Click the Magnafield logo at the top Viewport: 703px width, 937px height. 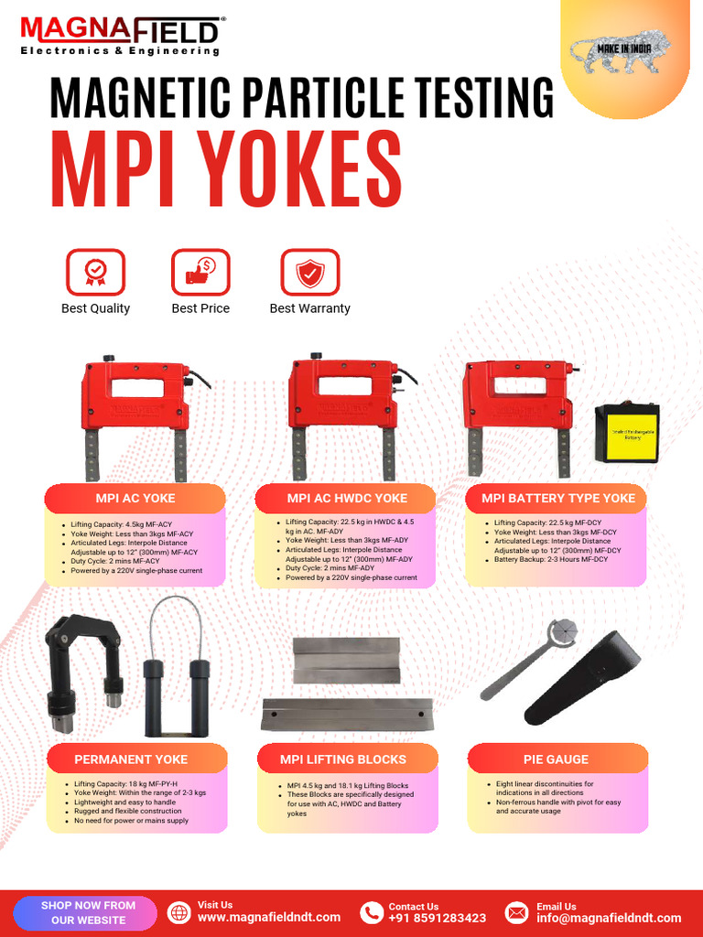pyautogui.click(x=120, y=35)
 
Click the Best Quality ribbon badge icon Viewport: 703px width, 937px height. pyautogui.click(x=95, y=272)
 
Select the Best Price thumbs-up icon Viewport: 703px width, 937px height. pyautogui.click(x=200, y=272)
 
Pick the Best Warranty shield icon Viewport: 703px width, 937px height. pyautogui.click(x=309, y=272)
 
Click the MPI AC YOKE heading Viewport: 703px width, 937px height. pyautogui.click(x=135, y=499)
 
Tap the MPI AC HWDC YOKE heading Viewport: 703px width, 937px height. pyautogui.click(x=347, y=499)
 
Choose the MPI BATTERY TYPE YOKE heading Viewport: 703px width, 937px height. pyautogui.click(x=557, y=499)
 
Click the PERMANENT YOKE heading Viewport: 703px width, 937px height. pyautogui.click(x=131, y=759)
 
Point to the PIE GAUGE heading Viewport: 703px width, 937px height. pyautogui.click(x=556, y=759)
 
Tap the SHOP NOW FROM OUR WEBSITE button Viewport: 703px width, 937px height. pyautogui.click(x=88, y=912)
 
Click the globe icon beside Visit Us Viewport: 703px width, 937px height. pyautogui.click(x=179, y=912)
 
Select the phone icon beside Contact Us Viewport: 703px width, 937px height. pyautogui.click(x=371, y=912)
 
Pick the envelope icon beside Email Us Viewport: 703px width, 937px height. pyautogui.click(x=517, y=912)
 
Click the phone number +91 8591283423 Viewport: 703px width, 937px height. pyautogui.click(x=437, y=918)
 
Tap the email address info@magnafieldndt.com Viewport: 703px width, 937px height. pyautogui.click(x=609, y=918)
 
